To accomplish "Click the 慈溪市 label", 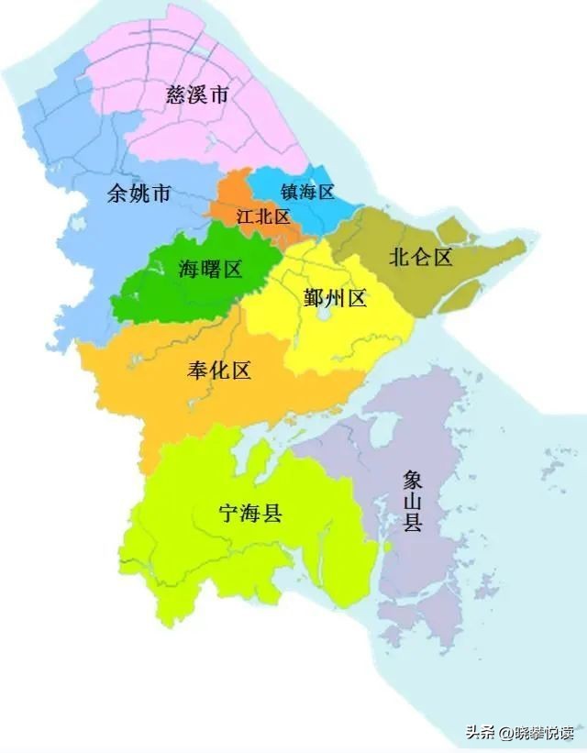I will [x=197, y=94].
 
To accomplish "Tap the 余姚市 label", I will [x=138, y=194].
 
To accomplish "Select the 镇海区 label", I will [x=307, y=192].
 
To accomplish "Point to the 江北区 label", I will [x=263, y=217].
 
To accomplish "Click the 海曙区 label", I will [x=210, y=269].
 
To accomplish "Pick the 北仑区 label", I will [x=421, y=257].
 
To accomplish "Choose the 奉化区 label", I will [x=218, y=371].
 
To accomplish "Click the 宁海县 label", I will [x=249, y=513].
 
